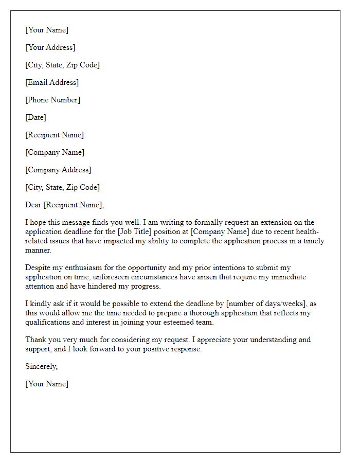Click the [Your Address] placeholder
click(50, 47)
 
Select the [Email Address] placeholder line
click(52, 82)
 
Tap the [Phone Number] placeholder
click(53, 100)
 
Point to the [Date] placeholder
click(35, 117)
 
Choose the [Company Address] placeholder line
click(58, 170)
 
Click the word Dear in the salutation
click(33, 205)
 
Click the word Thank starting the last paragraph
click(36, 340)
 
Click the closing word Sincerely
click(41, 366)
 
